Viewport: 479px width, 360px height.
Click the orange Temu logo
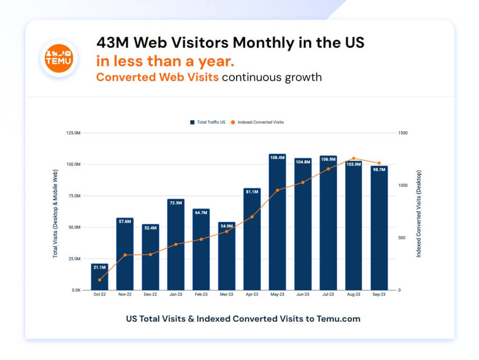click(x=58, y=58)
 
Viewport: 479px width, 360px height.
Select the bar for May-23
click(x=277, y=225)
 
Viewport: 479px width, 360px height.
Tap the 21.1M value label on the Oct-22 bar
click(x=99, y=267)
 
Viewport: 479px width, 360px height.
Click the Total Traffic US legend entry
click(x=208, y=122)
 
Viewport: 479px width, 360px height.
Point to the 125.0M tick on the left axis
click(x=72, y=133)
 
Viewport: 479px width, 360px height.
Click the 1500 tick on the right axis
click(x=403, y=133)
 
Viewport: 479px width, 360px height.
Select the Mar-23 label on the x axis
click(x=226, y=295)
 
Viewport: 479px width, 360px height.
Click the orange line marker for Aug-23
click(x=354, y=159)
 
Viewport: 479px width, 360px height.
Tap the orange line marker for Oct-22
click(x=100, y=280)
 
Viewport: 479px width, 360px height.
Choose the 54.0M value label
click(x=226, y=226)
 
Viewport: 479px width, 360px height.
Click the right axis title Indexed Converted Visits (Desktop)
click(x=419, y=213)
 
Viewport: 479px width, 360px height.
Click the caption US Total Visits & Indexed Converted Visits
click(x=243, y=319)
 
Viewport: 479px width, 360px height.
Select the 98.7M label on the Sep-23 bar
click(x=379, y=169)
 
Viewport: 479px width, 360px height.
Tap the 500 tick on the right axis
click(x=402, y=238)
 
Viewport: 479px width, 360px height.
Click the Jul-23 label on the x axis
click(x=328, y=295)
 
